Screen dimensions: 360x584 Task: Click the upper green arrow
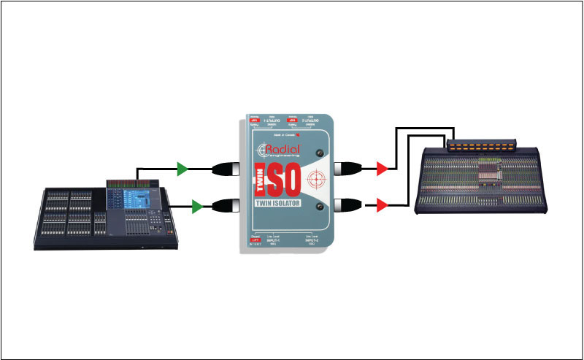point(182,169)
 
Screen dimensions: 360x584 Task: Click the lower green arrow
point(196,207)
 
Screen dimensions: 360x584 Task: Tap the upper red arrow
point(380,169)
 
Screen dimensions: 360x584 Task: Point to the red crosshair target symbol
point(316,180)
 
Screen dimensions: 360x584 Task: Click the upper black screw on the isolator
point(319,153)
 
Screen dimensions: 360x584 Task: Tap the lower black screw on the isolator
point(319,210)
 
